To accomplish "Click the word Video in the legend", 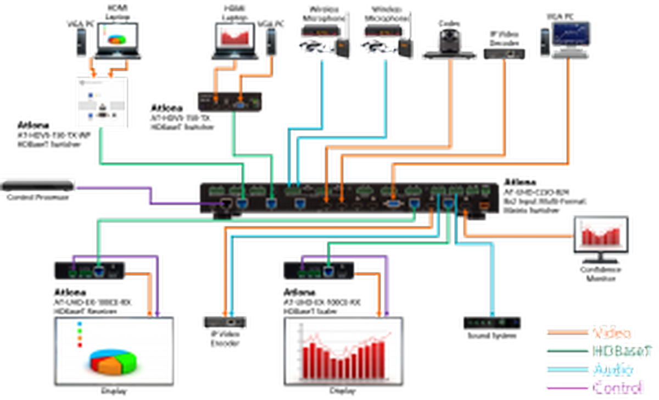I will click(612, 332).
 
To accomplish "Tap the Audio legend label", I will click(613, 369).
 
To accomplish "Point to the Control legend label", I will click(618, 387).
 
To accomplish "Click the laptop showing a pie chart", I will click(117, 39).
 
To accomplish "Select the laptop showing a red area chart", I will click(235, 42).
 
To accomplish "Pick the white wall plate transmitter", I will click(101, 103).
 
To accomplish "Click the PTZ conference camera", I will click(449, 45).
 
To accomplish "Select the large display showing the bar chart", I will click(344, 351).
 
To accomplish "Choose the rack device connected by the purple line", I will click(37, 186).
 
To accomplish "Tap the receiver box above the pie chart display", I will click(89, 270).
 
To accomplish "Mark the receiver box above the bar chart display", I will click(319, 270).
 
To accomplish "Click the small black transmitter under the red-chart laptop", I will click(231, 101).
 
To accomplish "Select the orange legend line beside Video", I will click(567, 332).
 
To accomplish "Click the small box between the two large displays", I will click(224, 323).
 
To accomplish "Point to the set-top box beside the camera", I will click(504, 53).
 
